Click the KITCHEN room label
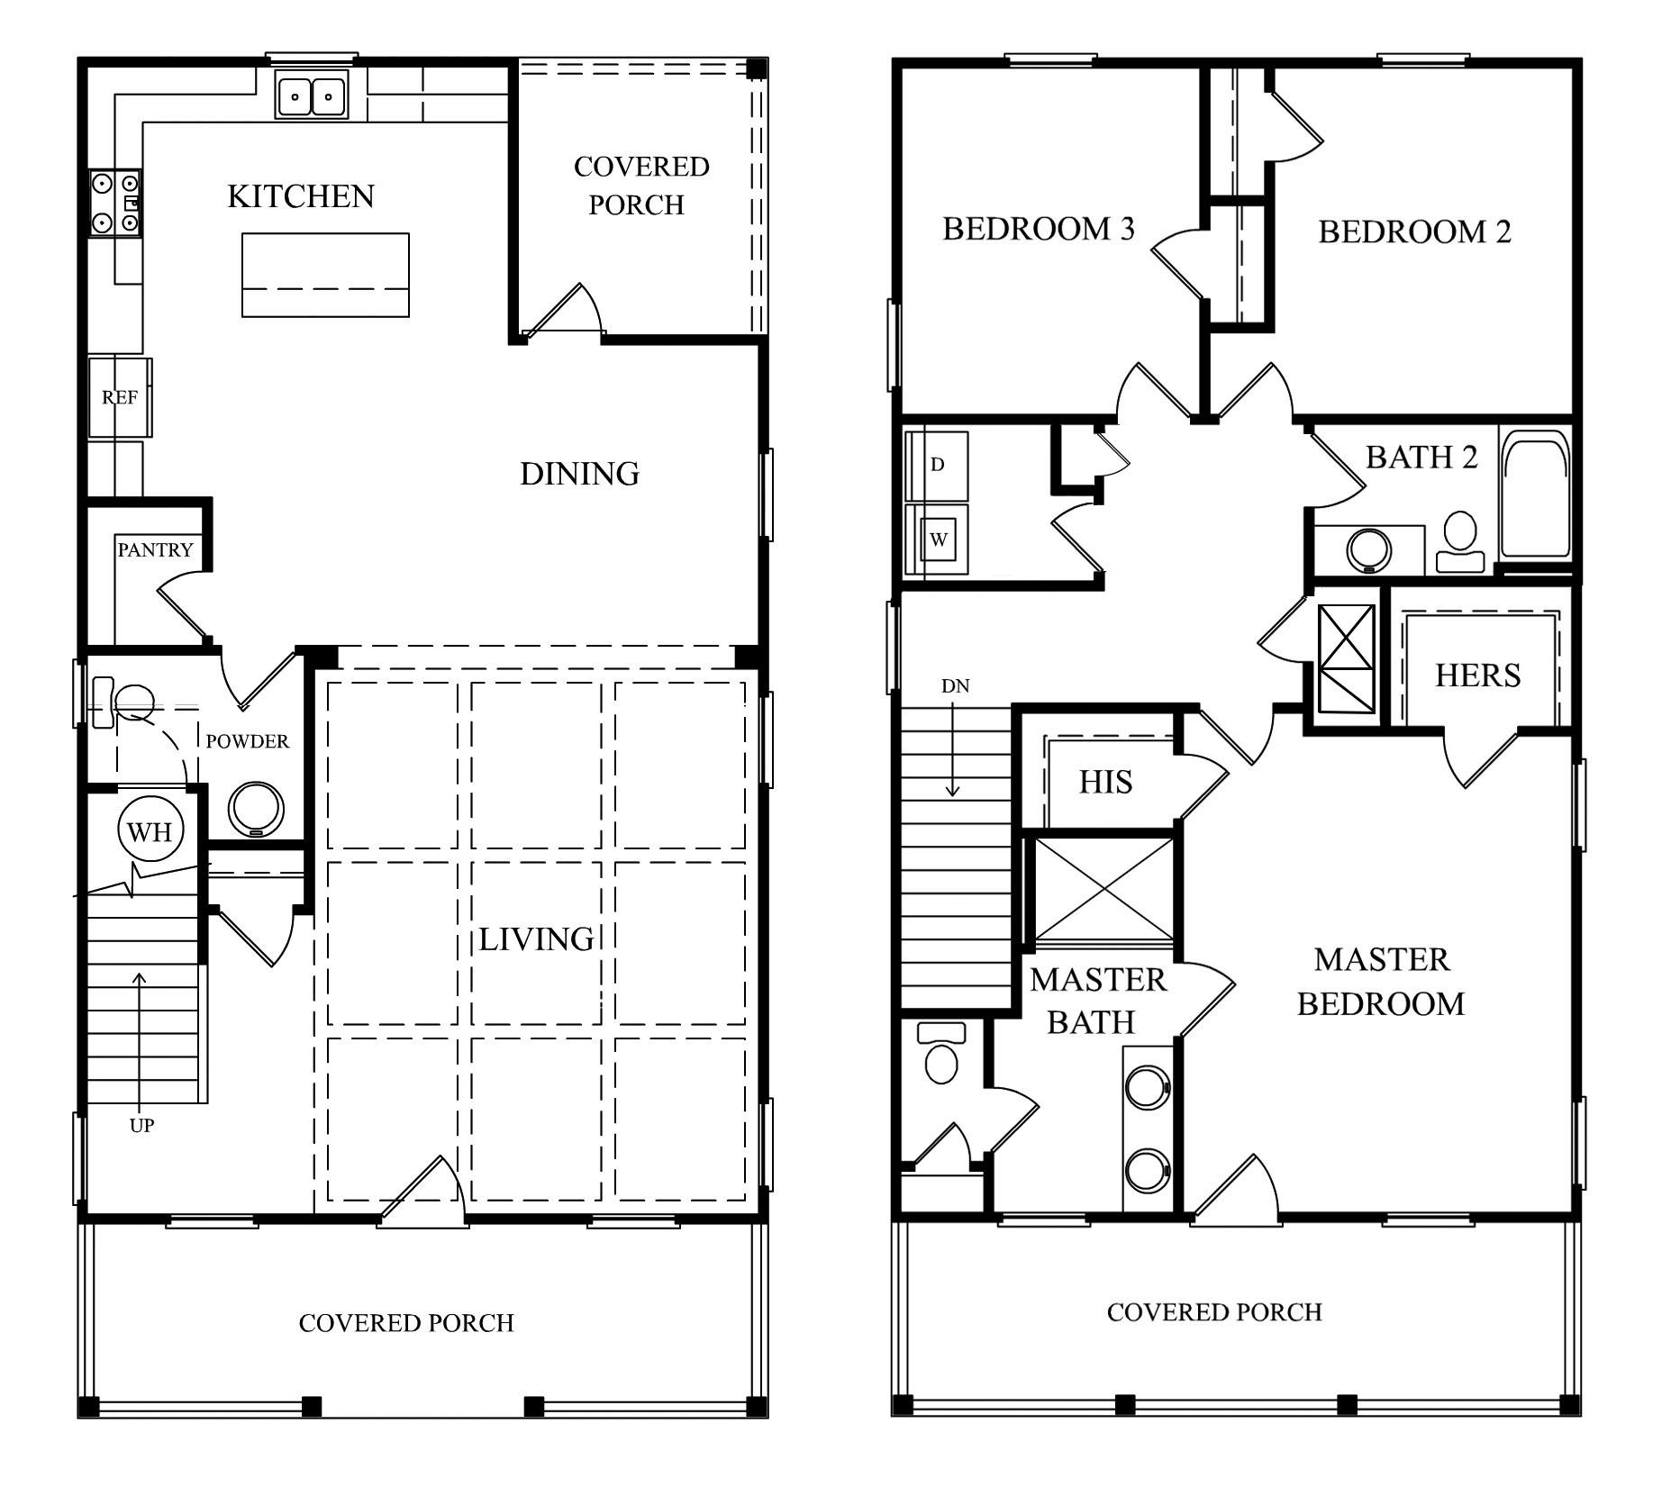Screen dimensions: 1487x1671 click(x=300, y=196)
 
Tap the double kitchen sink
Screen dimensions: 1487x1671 click(x=312, y=95)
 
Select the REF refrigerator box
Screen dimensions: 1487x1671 click(x=120, y=397)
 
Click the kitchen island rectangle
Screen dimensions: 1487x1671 click(x=325, y=275)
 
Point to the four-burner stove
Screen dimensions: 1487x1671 click(x=115, y=204)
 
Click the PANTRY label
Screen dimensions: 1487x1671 click(x=155, y=549)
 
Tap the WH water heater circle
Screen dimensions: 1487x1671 click(x=150, y=831)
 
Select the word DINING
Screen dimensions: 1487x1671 click(x=579, y=474)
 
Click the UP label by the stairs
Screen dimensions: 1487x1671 click(x=141, y=1125)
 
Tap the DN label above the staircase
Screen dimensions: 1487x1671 click(x=955, y=686)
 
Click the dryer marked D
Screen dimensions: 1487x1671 click(x=937, y=465)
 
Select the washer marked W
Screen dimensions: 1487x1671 click(x=938, y=540)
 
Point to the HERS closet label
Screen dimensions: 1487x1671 click(x=1477, y=675)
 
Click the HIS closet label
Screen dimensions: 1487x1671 click(x=1105, y=782)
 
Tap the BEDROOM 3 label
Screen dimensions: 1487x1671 click(x=1038, y=229)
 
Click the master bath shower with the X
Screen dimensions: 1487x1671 click(x=1103, y=890)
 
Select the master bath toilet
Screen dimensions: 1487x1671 click(x=940, y=1056)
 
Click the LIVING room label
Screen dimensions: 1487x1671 click(x=536, y=939)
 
